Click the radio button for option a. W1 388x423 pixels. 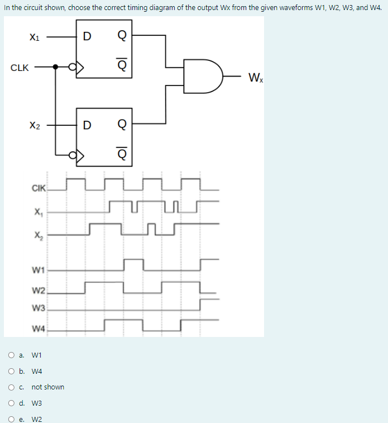point(12,355)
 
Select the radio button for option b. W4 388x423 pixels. point(12,371)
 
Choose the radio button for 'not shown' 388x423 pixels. point(12,387)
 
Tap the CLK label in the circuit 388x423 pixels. point(20,68)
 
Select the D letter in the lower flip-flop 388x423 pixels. point(87,123)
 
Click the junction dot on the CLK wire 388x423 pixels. point(55,68)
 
